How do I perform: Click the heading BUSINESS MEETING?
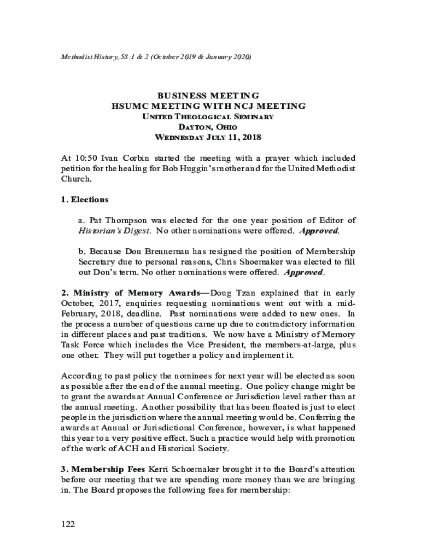208,96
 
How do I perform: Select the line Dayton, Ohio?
208,127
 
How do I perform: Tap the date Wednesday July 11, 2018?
208,137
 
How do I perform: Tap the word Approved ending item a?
319,231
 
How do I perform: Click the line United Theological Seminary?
208,116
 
